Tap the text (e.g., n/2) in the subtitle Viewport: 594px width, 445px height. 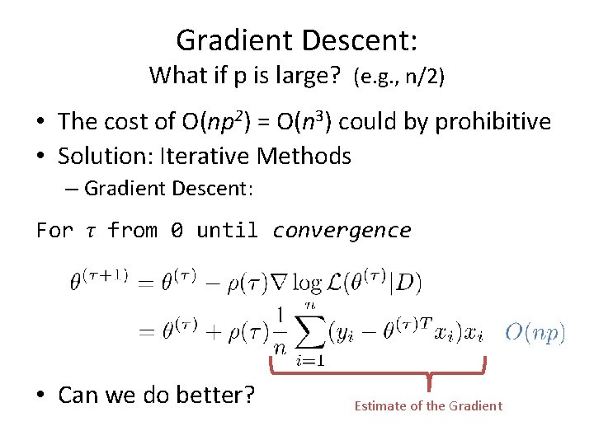point(398,77)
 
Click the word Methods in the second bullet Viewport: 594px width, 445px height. point(304,156)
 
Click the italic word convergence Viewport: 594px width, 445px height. point(341,230)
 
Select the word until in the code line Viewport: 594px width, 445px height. point(227,230)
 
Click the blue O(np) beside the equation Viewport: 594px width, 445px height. point(535,332)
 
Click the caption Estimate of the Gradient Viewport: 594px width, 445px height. point(427,405)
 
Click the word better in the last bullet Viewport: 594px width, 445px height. point(214,395)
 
